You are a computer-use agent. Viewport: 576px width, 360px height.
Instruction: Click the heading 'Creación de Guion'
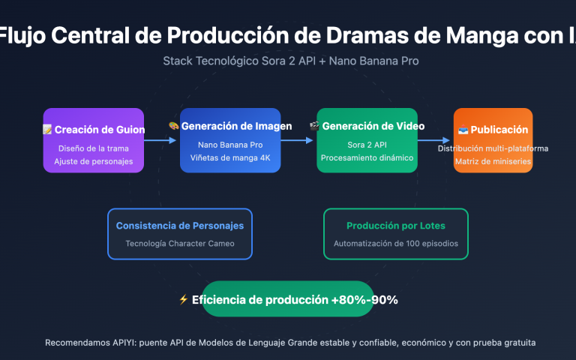pos(99,130)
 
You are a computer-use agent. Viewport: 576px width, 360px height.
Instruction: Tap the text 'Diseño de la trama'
pos(93,148)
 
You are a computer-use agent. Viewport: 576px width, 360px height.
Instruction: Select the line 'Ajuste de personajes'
pos(93,161)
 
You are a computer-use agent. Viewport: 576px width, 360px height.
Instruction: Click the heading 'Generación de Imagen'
pos(235,126)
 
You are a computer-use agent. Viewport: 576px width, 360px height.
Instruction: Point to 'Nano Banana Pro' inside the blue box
pos(230,145)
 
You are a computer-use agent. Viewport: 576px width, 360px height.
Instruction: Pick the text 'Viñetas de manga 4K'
pos(230,157)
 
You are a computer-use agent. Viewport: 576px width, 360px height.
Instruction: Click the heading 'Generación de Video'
pos(373,126)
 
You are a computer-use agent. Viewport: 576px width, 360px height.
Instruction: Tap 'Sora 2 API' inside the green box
pos(367,145)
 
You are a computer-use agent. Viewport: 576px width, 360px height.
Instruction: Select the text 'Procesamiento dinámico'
pos(367,157)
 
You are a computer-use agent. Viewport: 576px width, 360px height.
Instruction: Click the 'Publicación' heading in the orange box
pos(499,130)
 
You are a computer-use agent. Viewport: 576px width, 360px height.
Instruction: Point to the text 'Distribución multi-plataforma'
pos(493,148)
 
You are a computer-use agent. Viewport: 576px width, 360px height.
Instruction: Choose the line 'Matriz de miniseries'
pos(493,161)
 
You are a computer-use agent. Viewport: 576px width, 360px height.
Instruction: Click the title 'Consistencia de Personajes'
pos(179,226)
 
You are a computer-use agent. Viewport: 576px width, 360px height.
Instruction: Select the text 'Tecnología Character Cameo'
pos(179,244)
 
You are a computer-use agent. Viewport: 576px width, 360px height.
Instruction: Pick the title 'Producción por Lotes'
pos(395,226)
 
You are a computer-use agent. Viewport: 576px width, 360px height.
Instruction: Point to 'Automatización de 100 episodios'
pos(395,244)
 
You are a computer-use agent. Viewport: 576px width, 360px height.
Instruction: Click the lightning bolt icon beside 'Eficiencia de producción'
pos(184,300)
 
